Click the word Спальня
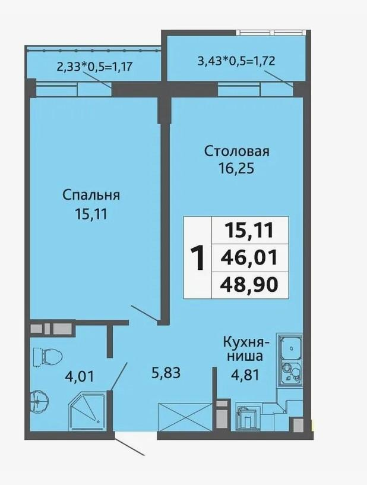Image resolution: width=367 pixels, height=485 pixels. coord(91,196)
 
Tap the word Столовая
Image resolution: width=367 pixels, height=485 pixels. coord(236,152)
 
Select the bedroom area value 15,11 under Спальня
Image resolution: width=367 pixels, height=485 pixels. coord(91,214)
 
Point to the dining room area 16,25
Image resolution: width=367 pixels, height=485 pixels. coord(236,169)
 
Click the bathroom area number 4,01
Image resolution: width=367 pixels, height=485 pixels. coord(79,377)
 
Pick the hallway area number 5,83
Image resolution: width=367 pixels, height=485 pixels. coord(166,373)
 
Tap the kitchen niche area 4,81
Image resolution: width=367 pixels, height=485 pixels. coord(245,375)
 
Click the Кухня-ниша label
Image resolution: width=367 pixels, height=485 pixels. coord(246,349)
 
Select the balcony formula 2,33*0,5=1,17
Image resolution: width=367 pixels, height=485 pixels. coord(94,67)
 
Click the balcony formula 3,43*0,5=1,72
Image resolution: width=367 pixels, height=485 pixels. coord(236,61)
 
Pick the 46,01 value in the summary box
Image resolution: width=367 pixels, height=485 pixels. coord(249,258)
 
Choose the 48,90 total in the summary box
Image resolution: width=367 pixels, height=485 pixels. coord(249,285)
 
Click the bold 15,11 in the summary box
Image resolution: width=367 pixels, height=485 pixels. coord(249,231)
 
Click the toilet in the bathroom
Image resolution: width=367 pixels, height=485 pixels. coord(48,357)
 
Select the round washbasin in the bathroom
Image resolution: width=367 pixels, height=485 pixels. coord(40,402)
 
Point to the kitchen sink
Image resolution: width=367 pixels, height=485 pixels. coord(291,348)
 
